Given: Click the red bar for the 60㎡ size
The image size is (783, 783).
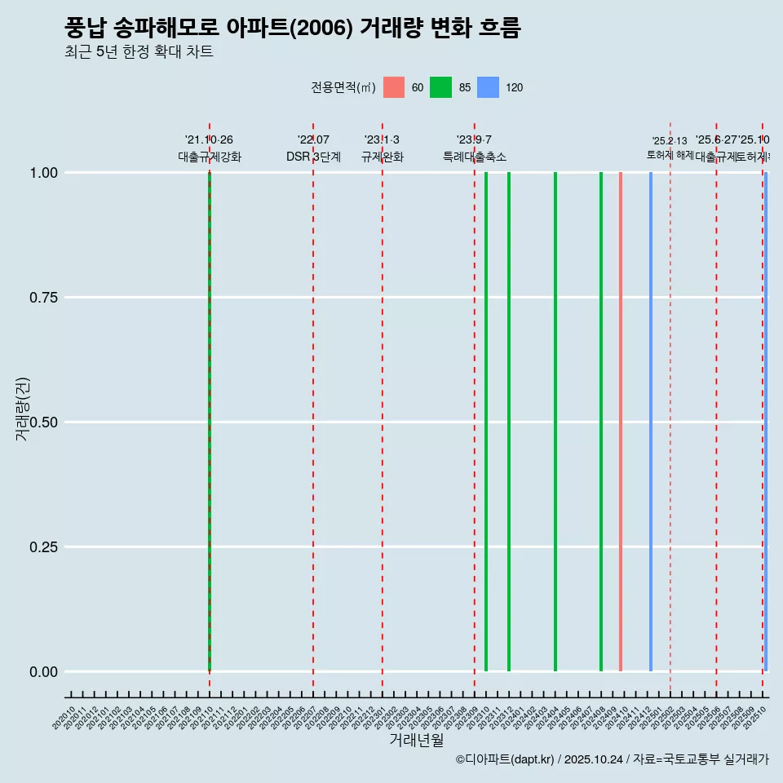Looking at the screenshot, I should coord(621,422).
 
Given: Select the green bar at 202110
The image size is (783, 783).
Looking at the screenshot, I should coord(210,422).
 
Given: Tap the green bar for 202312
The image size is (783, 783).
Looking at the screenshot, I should coord(509,422).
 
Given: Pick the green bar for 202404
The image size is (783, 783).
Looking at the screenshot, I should coord(555,422).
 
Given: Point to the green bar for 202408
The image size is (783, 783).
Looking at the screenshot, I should coord(601,422).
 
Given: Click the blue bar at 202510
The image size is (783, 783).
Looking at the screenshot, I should coord(766,422).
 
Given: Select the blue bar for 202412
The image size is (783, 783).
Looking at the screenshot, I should coord(651,422).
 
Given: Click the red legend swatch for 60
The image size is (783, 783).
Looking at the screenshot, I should coord(394,87).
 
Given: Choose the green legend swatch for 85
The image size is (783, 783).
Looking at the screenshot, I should coord(441,87).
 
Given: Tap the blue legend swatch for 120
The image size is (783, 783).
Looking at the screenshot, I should coord(488,87).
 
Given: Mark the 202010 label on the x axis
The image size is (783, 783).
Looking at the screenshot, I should coord(65,718).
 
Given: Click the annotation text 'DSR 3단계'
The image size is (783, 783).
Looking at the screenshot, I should coord(313,157).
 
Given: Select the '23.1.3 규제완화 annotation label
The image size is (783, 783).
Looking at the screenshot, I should coord(382,148).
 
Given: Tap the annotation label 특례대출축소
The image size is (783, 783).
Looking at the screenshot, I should coord(474,157).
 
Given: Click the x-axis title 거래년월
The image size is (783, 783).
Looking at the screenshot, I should coord(416,740).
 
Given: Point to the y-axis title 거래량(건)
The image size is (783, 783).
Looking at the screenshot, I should coord(22,409).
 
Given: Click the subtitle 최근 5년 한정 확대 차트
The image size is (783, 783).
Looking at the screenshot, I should coord(139,52).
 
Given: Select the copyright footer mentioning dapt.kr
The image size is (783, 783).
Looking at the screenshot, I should coord(612,759).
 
